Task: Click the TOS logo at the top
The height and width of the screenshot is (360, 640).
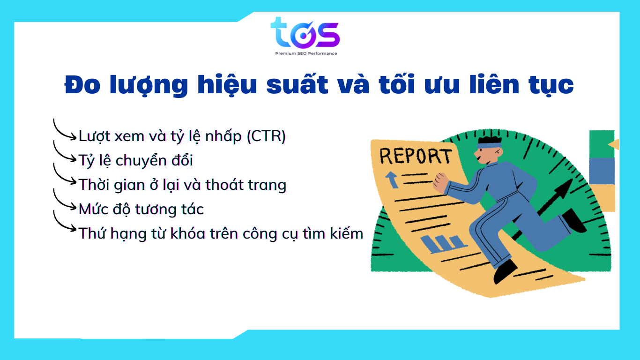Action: tap(305, 33)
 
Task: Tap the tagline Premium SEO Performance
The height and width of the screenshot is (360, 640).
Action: tap(306, 53)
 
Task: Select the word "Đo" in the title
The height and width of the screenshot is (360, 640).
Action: tap(82, 85)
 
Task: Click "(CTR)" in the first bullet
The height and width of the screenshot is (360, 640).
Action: tap(266, 136)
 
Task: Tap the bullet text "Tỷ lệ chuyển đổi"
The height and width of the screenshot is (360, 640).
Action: tap(136, 161)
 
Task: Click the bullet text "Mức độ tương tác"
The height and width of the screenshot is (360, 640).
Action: tap(141, 209)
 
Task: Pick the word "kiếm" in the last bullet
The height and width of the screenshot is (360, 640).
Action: tap(346, 233)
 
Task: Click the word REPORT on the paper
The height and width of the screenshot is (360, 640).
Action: tap(416, 156)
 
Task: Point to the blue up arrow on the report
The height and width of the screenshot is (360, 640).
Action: tap(392, 180)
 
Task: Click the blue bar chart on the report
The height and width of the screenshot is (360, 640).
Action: tap(443, 244)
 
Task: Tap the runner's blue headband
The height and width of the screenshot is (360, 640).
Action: tap(490, 145)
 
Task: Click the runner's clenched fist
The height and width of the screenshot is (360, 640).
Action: tap(441, 183)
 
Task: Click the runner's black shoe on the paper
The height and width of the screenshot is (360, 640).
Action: tap(505, 271)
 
